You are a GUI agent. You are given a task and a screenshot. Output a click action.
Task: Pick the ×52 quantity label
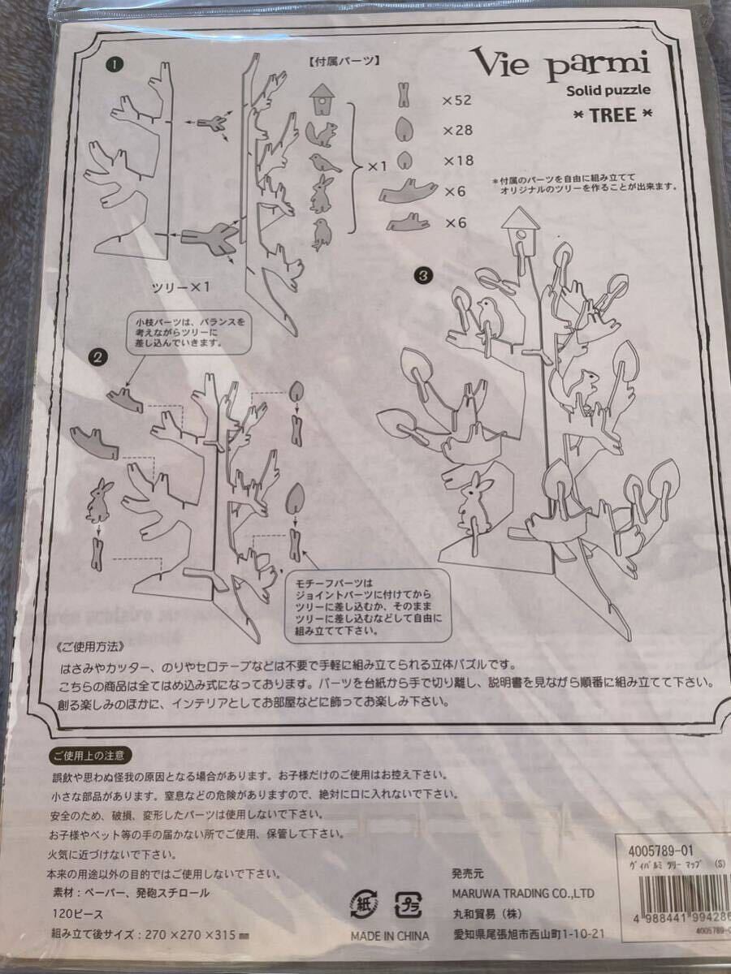tap(457, 101)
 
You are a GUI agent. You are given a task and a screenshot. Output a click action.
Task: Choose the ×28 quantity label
tap(457, 130)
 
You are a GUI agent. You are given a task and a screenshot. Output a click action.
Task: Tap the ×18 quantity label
tap(457, 161)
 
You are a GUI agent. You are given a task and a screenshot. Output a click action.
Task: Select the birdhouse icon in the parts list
tap(324, 99)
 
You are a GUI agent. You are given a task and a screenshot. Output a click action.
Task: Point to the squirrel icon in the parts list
tap(322, 132)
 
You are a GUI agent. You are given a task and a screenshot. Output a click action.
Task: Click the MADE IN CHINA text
tap(390, 936)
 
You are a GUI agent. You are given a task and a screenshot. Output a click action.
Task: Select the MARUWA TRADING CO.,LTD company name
tap(522, 894)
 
